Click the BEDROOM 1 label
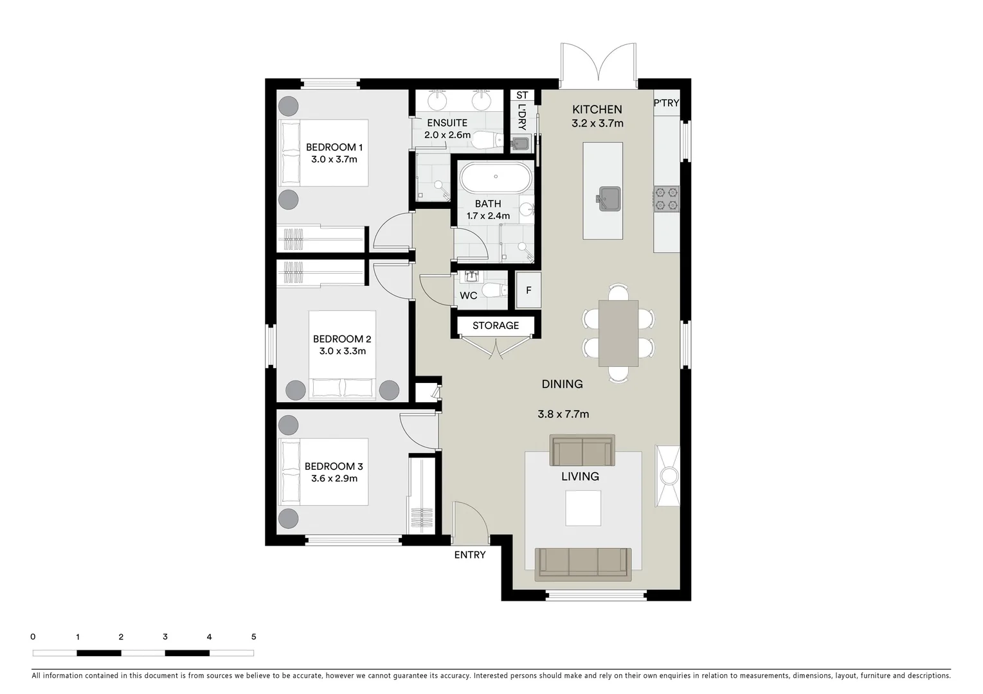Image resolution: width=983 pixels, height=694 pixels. (334, 147)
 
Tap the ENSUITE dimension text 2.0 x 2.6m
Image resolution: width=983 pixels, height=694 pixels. (447, 135)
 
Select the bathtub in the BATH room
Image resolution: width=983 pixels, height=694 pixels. (495, 177)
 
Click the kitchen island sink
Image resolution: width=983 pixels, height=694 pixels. (609, 199)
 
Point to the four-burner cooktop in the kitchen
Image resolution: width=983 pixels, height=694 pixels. (667, 199)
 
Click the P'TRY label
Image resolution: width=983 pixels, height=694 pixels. (666, 103)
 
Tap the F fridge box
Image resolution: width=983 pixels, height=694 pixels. (528, 290)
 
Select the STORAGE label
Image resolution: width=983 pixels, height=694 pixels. (496, 326)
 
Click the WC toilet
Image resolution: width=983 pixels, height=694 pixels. (494, 291)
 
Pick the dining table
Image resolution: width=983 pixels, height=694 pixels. (618, 333)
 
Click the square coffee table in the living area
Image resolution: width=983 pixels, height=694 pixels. (583, 508)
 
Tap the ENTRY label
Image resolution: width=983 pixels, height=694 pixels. (470, 555)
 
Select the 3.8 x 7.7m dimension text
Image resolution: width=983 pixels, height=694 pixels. (563, 414)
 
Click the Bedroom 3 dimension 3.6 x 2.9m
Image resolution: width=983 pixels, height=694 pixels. (334, 479)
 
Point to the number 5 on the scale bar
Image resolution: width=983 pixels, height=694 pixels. (253, 637)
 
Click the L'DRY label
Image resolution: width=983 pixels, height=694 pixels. (521, 117)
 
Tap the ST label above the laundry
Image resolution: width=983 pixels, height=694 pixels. (522, 95)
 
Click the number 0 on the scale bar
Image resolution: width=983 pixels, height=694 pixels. (33, 637)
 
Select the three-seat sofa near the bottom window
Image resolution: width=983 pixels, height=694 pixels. (583, 562)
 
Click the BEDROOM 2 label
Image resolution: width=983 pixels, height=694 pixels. (342, 339)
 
